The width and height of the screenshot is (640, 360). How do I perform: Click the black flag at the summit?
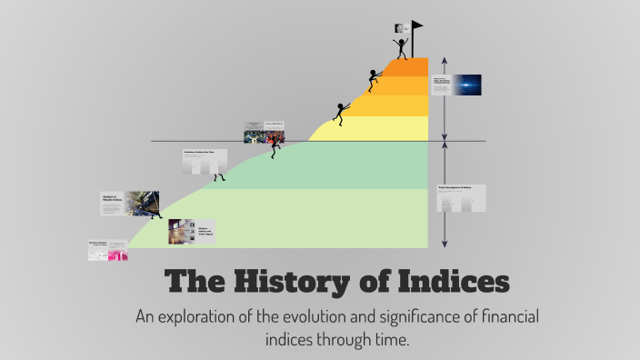pos(416,26)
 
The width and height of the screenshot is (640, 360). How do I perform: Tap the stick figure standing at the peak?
pos(400,47)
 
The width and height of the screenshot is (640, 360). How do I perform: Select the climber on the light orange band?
pos(373,80)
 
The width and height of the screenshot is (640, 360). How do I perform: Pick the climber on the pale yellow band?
pos(341,113)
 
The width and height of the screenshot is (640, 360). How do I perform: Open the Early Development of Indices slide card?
pos(461,198)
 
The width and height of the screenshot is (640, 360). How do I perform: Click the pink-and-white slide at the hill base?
pos(107,251)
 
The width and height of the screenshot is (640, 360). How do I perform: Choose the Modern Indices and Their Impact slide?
pos(191,232)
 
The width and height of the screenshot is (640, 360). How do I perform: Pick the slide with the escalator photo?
pos(130,204)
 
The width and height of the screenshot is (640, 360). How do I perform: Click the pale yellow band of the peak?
pos(382,128)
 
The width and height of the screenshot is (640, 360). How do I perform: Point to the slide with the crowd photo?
pos(264,132)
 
